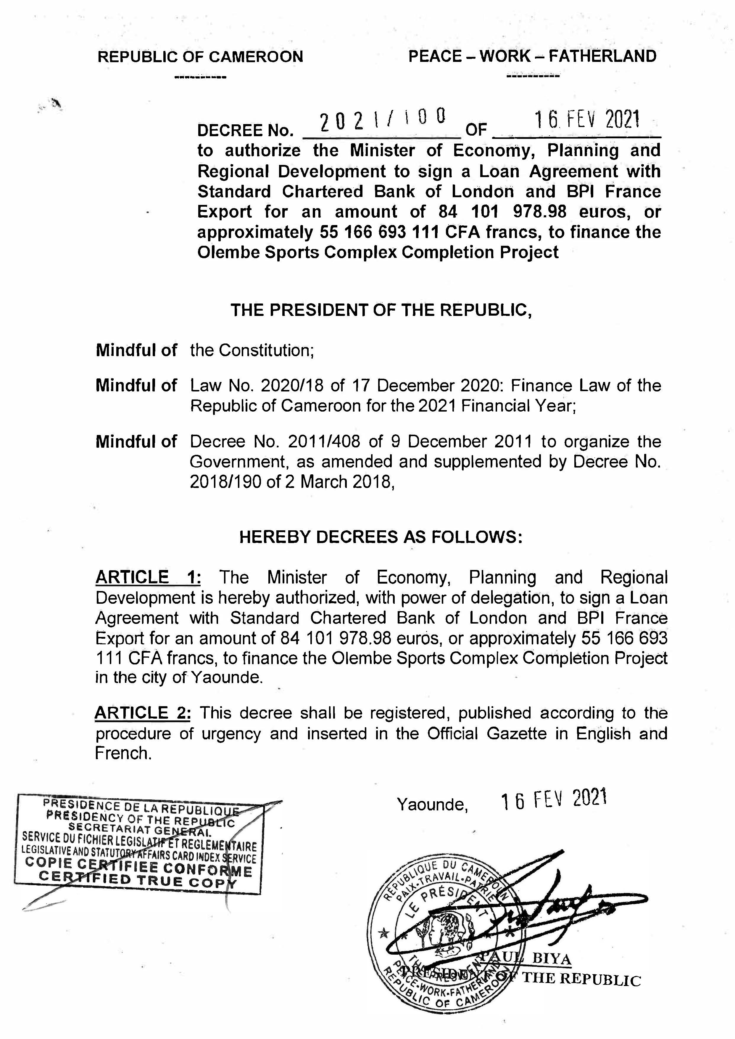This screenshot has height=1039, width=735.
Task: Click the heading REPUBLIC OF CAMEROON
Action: pos(201,57)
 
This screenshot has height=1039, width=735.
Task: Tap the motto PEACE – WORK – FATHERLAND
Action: pos(532,56)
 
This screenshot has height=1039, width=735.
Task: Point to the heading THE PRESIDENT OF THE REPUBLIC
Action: pos(381,310)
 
